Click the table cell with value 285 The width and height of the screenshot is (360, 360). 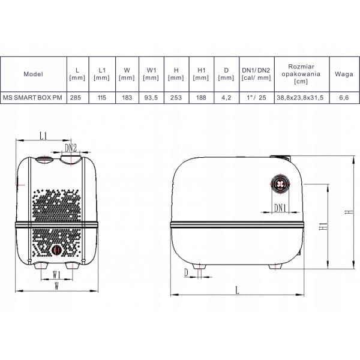tap(76, 98)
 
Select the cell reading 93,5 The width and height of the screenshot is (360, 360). tap(151, 98)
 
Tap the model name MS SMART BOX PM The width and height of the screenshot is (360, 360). tap(32, 98)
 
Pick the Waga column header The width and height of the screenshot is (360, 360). tap(344, 74)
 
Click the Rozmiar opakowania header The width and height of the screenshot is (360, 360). tap(301, 74)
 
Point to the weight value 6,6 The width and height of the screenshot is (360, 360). tap(344, 98)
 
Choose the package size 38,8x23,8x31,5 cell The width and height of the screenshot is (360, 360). tap(300, 98)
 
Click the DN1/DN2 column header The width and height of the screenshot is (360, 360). tap(256, 74)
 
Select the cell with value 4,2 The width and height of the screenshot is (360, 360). tap(226, 98)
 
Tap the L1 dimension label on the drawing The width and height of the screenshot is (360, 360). tap(43, 136)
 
